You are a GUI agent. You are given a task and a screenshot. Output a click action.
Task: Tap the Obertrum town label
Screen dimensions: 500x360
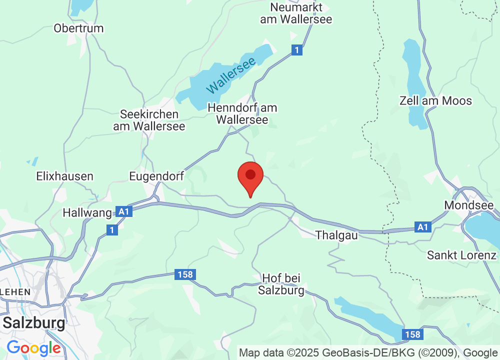(x=78, y=28)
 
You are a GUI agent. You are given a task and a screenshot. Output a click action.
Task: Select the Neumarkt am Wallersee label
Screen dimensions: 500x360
(x=296, y=13)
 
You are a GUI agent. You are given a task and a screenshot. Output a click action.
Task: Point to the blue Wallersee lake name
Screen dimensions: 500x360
(x=230, y=75)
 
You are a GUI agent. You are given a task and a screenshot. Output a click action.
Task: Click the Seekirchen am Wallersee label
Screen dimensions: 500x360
(x=149, y=120)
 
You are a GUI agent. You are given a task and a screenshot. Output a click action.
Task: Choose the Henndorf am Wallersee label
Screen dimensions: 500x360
(x=242, y=113)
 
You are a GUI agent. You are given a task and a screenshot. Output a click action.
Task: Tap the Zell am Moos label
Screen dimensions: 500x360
(x=435, y=100)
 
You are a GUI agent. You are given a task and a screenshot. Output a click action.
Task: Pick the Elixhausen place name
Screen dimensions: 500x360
(x=65, y=176)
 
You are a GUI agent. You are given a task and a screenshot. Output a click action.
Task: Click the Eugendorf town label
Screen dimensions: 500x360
(x=156, y=176)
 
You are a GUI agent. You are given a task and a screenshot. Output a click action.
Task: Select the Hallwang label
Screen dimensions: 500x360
(x=87, y=212)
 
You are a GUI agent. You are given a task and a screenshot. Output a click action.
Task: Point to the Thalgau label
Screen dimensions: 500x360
(x=336, y=234)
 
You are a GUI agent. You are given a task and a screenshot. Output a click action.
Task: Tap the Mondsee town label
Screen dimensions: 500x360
(x=469, y=205)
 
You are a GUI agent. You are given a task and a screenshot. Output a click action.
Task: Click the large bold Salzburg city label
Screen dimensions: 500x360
(x=34, y=322)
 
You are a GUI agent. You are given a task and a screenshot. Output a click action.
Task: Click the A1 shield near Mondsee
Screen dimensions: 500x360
(x=423, y=227)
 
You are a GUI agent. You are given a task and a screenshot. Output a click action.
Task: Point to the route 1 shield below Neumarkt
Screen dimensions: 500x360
(x=297, y=50)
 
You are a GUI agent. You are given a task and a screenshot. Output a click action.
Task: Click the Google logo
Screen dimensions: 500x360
(x=33, y=348)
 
